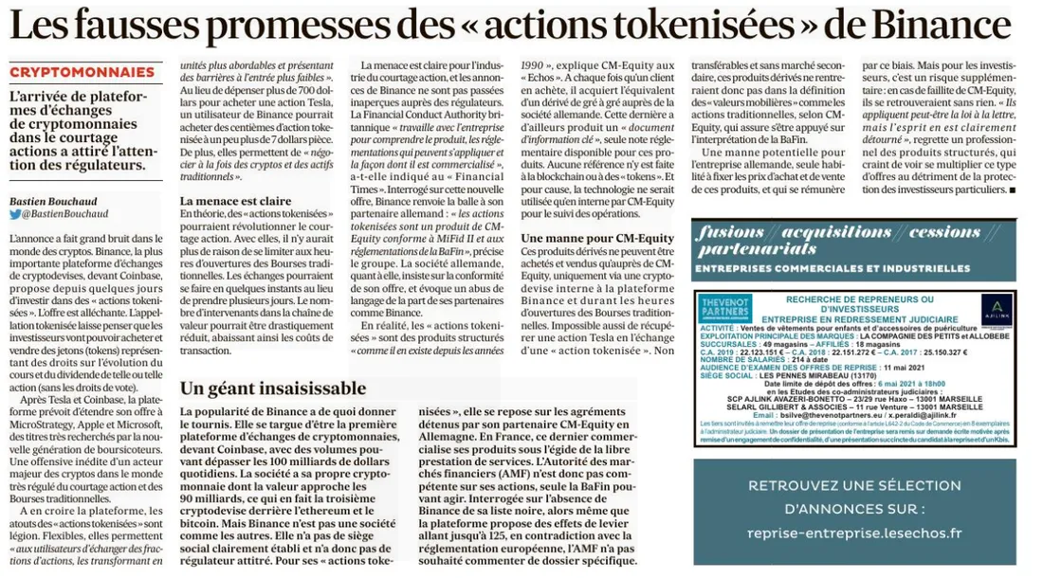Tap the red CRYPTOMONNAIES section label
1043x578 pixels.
[82, 72]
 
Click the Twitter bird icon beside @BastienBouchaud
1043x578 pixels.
[15, 214]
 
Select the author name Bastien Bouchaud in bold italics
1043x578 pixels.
[52, 202]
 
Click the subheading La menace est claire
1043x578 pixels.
[234, 202]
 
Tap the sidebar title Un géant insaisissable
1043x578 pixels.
[273, 388]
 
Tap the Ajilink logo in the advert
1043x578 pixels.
[996, 309]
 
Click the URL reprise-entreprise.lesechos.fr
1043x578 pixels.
[853, 533]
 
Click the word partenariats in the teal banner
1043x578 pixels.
[755, 249]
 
